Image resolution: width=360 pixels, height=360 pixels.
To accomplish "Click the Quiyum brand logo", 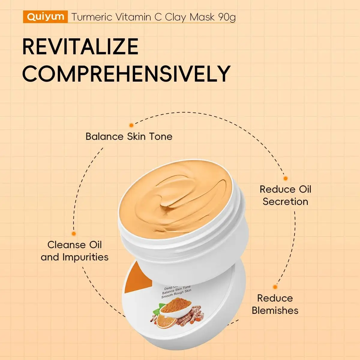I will [45, 17].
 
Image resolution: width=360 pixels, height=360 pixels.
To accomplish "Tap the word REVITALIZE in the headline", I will [80, 47].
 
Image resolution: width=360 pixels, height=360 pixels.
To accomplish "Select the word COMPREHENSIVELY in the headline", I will [126, 73].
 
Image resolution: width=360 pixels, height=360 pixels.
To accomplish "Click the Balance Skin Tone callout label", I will [129, 136].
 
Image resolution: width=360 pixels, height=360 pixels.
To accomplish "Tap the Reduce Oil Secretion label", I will [285, 195].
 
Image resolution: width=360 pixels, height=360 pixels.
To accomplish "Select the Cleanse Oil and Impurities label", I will [75, 251].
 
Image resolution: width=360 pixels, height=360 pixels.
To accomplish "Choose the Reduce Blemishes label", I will [275, 304].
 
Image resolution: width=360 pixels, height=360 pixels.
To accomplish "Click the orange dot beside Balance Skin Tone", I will [131, 125].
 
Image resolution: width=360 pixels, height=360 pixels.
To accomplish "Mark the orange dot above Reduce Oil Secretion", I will [286, 178].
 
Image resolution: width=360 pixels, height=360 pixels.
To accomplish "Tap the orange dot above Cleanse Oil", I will [74, 233].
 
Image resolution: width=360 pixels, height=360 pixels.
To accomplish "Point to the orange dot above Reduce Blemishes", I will [275, 287].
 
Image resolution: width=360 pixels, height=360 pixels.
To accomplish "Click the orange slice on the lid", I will [163, 321].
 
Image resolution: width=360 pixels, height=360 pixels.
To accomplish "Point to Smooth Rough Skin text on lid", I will [176, 294].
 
